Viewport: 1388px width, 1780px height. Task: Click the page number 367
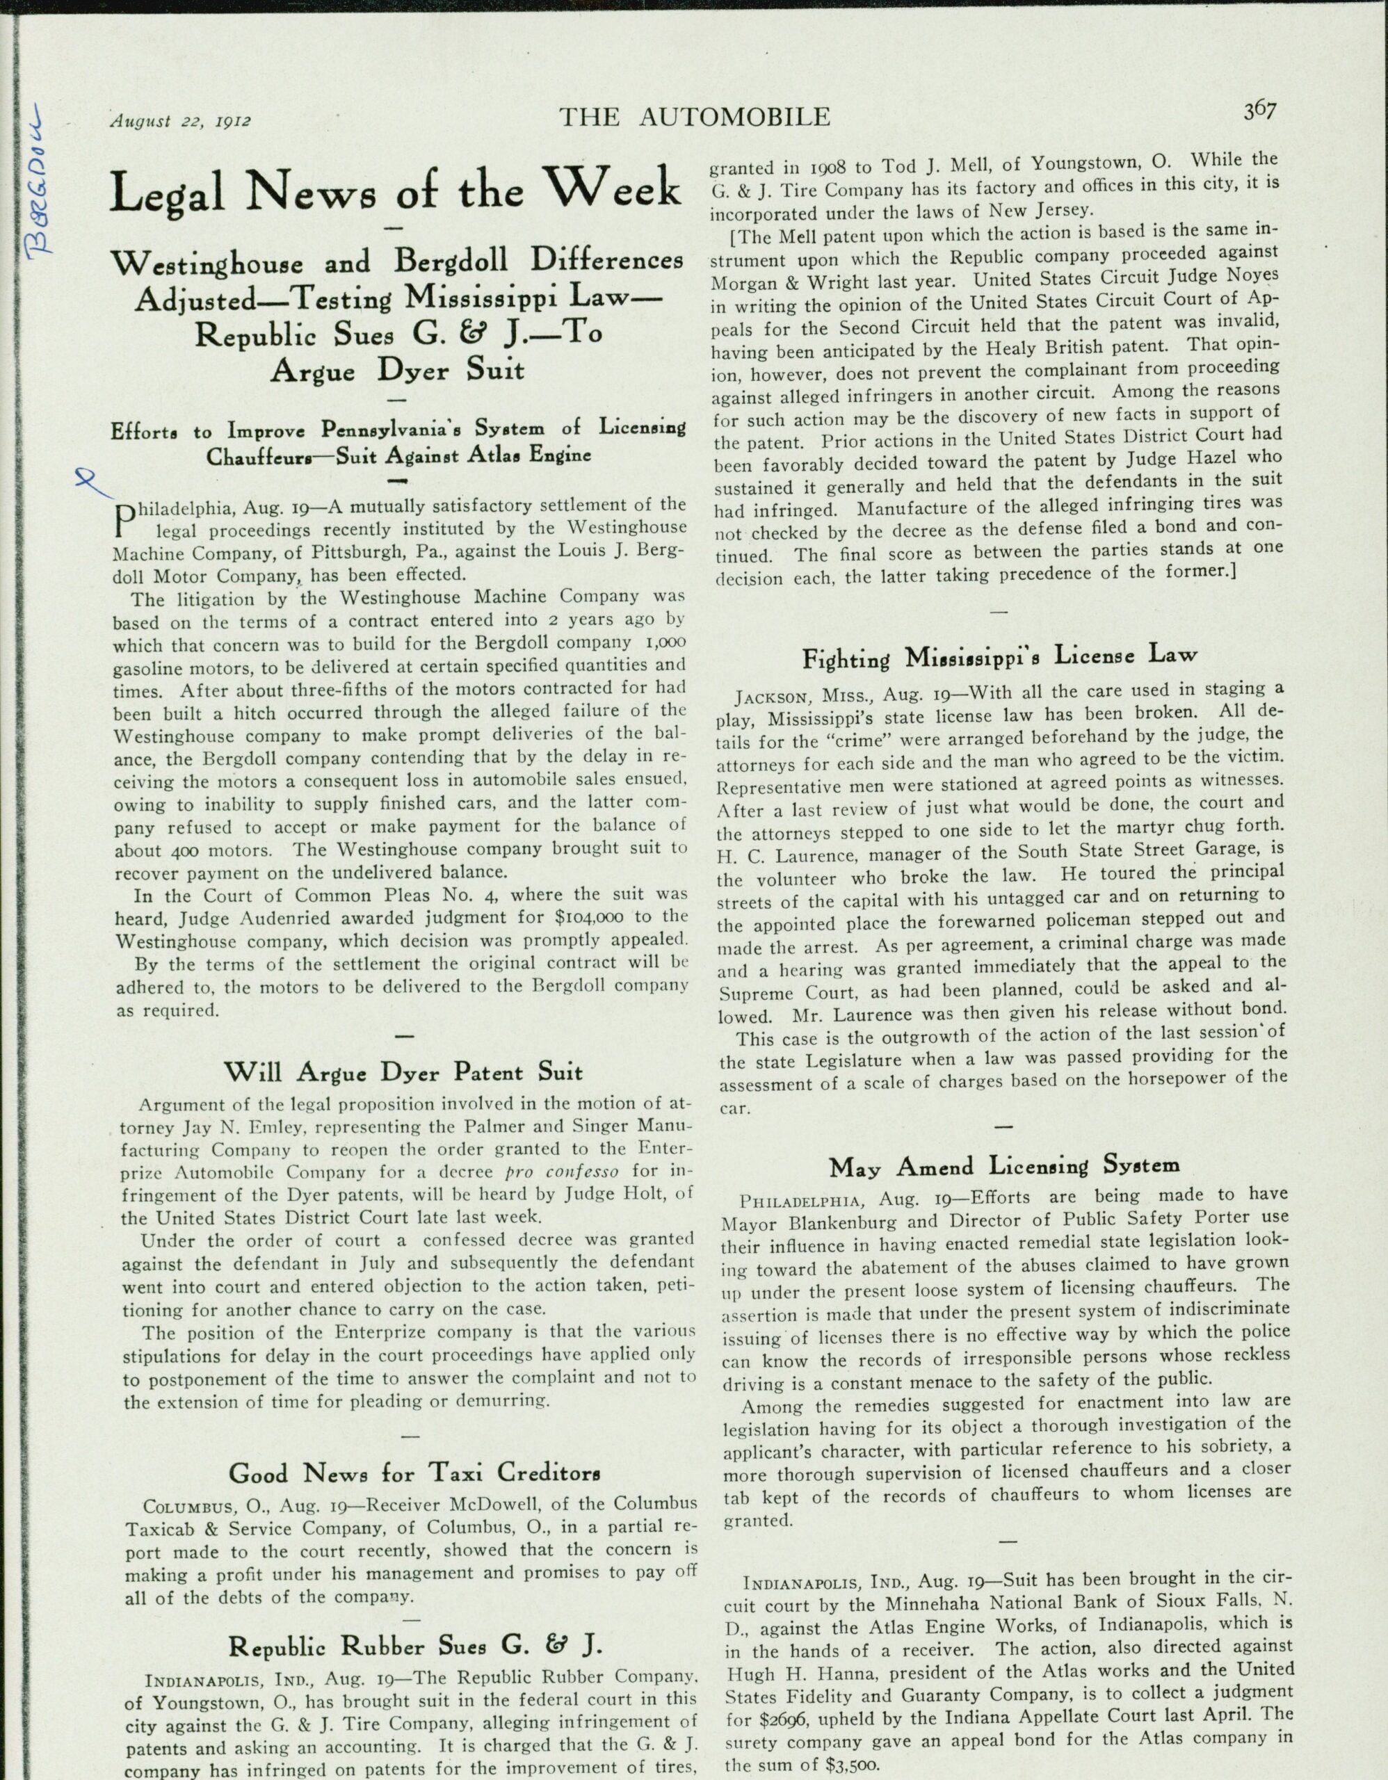click(1259, 111)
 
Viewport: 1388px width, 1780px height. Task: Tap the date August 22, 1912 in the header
click(181, 122)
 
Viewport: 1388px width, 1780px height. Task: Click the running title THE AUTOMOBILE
click(695, 118)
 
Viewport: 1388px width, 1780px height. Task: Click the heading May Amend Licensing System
click(1004, 1165)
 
